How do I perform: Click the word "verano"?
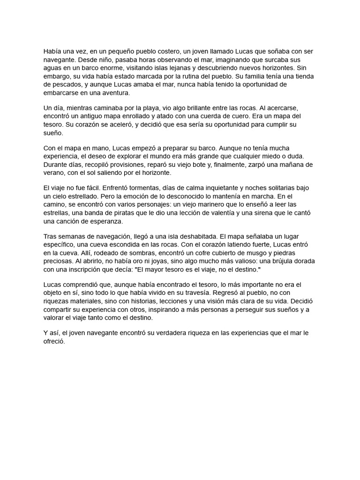pyautogui.click(x=53, y=172)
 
